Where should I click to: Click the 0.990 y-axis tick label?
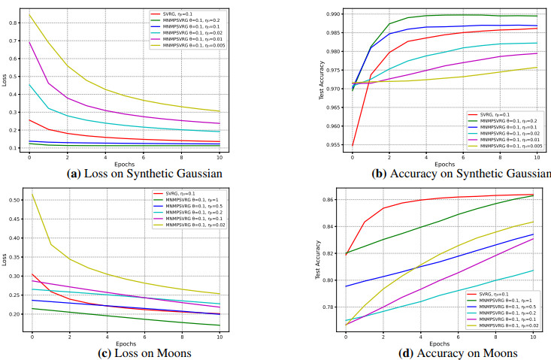[x=331, y=14]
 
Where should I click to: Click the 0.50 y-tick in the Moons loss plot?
[x=14, y=201]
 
